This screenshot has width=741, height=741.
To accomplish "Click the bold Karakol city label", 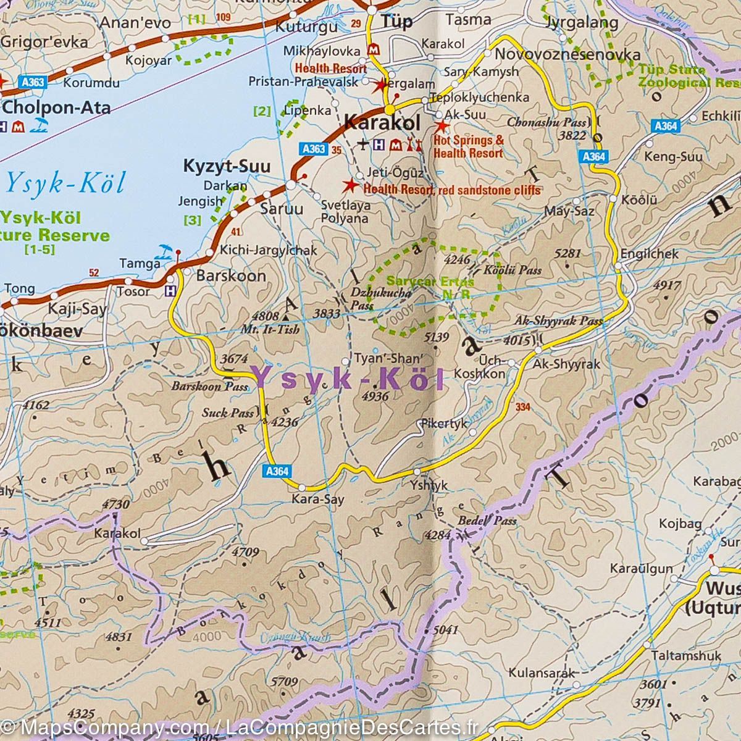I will (381, 122).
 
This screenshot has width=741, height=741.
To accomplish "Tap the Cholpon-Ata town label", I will (57, 108).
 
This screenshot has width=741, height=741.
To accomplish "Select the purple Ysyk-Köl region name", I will (349, 379).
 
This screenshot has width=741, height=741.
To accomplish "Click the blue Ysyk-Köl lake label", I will (65, 183).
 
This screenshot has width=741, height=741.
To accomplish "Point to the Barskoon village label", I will (231, 276).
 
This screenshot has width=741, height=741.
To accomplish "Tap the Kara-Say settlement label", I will (317, 500).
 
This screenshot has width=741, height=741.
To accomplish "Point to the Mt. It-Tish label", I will (271, 329).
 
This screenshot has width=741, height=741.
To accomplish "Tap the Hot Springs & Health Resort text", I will (469, 146).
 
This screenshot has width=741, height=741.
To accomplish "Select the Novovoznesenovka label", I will (567, 54).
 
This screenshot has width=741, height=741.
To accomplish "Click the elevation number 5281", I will (568, 253).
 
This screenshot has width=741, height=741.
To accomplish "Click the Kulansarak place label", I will (542, 673).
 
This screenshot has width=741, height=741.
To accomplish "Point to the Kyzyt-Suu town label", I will (218, 166).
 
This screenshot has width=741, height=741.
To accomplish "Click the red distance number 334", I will (522, 407).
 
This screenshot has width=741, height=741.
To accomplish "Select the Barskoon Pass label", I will (210, 387).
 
